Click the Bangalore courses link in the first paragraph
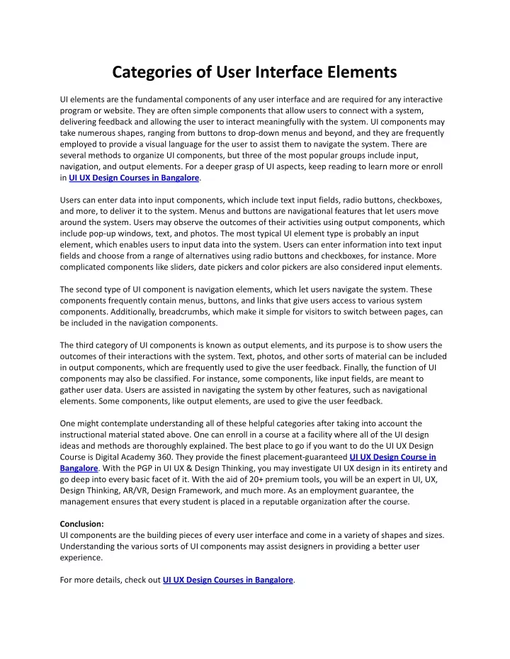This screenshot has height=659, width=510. (x=135, y=178)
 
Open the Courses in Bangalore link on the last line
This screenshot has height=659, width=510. (x=227, y=580)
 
